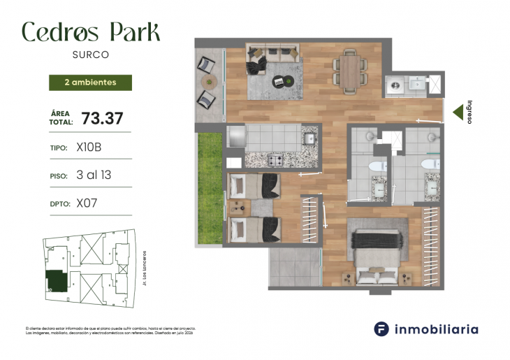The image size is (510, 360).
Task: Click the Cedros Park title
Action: pyautogui.click(x=91, y=31)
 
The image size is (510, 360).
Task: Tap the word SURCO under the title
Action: pyautogui.click(x=91, y=54)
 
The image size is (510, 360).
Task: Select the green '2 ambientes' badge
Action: pyautogui.click(x=90, y=82)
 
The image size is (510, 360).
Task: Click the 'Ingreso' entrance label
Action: pyautogui.click(x=470, y=111)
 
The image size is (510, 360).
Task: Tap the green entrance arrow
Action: pyautogui.click(x=458, y=111)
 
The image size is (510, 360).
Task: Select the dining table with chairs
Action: pyautogui.click(x=349, y=71)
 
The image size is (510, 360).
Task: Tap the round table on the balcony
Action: pyautogui.click(x=207, y=82)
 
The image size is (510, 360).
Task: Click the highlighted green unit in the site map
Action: pyautogui.click(x=57, y=281)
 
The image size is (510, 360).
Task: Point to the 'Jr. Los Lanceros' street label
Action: pyautogui.click(x=145, y=268)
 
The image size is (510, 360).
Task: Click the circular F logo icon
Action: pyautogui.click(x=381, y=329)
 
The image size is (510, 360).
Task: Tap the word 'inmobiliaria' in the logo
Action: pyautogui.click(x=437, y=329)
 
